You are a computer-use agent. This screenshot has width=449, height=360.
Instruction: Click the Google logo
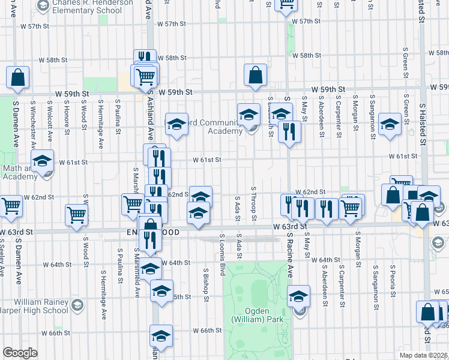(x=20, y=353)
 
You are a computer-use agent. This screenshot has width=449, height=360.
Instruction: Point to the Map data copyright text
(x=424, y=355)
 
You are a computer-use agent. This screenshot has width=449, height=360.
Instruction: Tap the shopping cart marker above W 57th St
(x=287, y=5)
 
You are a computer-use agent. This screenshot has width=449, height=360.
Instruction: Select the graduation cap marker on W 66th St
(x=161, y=336)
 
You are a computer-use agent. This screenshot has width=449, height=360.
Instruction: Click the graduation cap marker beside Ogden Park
(x=298, y=296)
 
